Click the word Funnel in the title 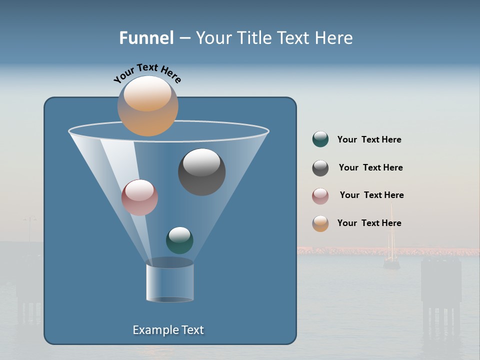tap(146, 38)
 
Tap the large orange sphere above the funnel tap(148, 105)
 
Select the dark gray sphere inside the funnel tap(201, 172)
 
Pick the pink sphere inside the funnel tap(139, 197)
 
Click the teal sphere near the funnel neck tap(179, 240)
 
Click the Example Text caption tap(168, 330)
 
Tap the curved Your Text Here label tap(147, 73)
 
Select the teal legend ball tap(320, 139)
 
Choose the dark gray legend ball tap(320, 168)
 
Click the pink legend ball tap(320, 196)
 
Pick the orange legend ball tap(320, 223)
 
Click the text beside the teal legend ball tap(369, 140)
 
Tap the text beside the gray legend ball tap(370, 168)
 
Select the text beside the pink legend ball tap(371, 195)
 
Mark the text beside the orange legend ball tap(369, 223)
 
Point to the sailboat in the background tap(391, 250)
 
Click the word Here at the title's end tap(334, 38)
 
